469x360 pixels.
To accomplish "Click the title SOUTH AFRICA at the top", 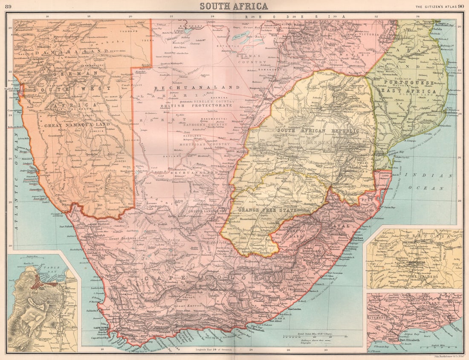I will pyautogui.click(x=234, y=6).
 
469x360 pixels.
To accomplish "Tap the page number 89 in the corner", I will pyautogui.click(x=8, y=6).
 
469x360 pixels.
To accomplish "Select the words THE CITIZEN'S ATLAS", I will pyautogui.click(x=436, y=6).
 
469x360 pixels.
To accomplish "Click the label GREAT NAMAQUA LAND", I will pyautogui.click(x=68, y=126).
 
